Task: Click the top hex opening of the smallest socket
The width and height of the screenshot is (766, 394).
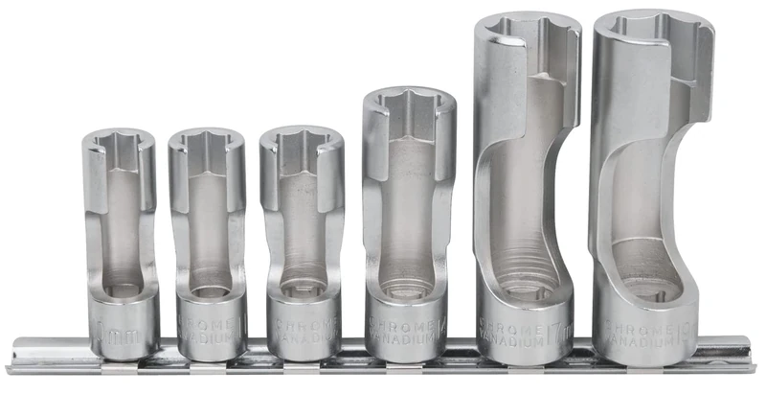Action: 119,143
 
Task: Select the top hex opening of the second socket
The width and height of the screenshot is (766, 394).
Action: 206,142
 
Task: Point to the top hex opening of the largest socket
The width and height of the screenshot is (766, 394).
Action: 651,29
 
